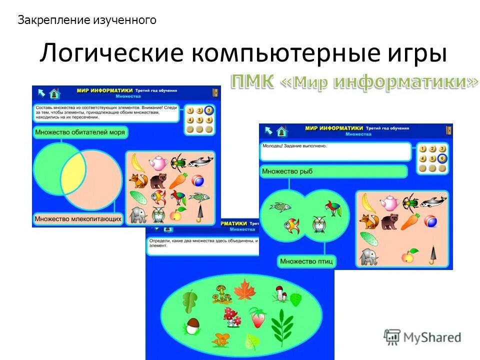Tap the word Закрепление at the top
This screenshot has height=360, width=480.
tap(54, 20)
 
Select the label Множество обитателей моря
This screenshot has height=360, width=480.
tap(80, 132)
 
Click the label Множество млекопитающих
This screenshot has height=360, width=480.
tap(78, 218)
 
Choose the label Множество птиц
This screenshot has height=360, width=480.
tap(306, 261)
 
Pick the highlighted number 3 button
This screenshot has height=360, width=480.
tap(208, 110)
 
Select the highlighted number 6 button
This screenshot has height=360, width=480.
tap(441, 159)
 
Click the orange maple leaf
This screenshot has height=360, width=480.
tap(245, 290)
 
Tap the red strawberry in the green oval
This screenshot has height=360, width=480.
tap(258, 318)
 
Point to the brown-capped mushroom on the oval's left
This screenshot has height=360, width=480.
tap(191, 326)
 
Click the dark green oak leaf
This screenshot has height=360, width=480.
tap(190, 301)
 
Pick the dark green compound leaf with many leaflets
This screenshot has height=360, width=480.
tap(283, 323)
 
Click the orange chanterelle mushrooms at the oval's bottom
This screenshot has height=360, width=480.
tap(220, 340)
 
